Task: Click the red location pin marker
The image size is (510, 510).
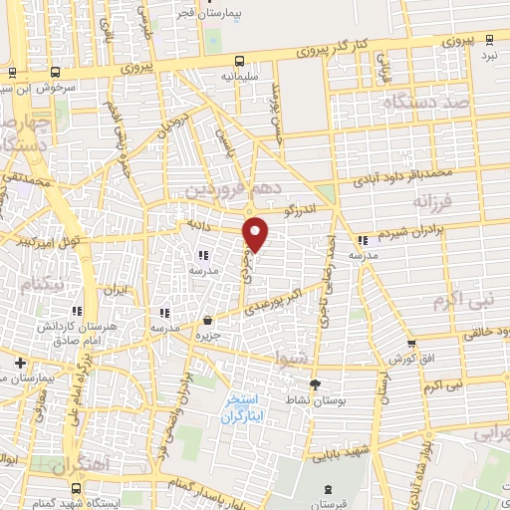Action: click(257, 234)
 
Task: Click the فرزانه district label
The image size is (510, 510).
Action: click(431, 202)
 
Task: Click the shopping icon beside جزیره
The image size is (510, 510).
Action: click(207, 320)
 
